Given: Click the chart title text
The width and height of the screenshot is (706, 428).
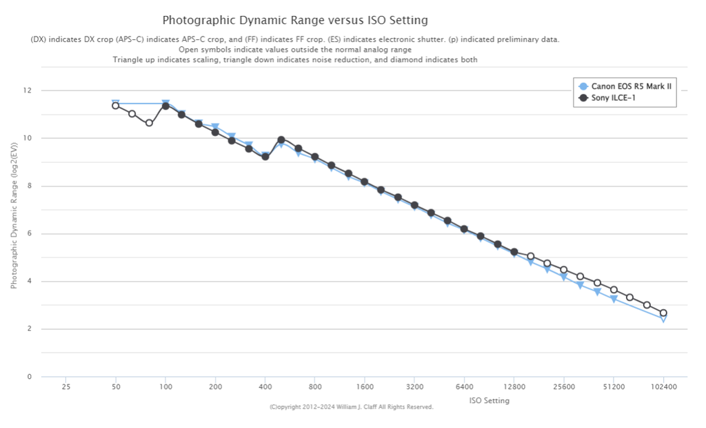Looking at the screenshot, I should coord(295,20).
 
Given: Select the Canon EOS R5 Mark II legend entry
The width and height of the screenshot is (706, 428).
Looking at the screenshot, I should coord(631,86).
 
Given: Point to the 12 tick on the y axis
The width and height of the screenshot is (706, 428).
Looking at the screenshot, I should coord(28,90).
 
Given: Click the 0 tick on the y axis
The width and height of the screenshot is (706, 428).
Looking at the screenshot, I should coord(29,377).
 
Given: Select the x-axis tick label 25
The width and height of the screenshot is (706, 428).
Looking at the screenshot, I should coord(65,387).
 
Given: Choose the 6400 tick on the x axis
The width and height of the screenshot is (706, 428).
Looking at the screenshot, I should coord(464,387).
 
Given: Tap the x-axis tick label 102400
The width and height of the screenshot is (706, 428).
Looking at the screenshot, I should coord(663,387).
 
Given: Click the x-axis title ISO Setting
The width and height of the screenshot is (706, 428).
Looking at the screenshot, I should coord(489,400).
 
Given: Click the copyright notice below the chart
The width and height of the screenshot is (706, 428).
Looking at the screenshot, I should coord(351,407).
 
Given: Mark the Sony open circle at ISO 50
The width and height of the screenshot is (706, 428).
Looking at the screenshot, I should coord(116,106).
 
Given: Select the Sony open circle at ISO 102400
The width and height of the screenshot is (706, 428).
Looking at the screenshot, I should coord(663,313).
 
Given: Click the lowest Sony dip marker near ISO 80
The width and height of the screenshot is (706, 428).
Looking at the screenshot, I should coord(149,123).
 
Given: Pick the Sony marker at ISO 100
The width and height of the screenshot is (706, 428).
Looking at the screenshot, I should coord(165,106).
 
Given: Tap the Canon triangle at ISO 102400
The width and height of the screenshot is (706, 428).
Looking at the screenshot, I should coord(663,318).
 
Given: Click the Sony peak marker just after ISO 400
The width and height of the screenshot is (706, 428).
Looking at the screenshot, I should coord(281,139).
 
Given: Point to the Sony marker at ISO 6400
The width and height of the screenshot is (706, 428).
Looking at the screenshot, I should coord(464,229).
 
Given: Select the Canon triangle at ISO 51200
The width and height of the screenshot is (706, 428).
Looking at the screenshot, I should coord(614,299).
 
